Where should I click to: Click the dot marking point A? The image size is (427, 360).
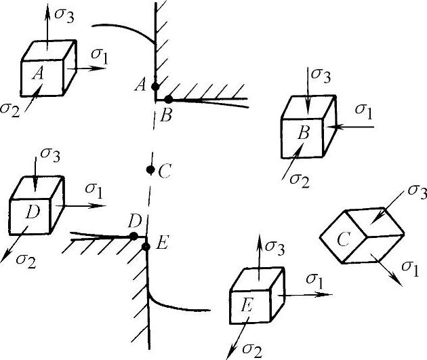155,86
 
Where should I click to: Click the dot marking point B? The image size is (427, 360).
169,99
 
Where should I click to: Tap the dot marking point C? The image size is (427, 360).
150,169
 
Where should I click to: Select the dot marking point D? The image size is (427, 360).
134,235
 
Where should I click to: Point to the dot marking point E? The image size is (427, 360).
146,245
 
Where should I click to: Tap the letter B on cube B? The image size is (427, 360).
304,133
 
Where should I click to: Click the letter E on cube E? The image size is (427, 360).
247,307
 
